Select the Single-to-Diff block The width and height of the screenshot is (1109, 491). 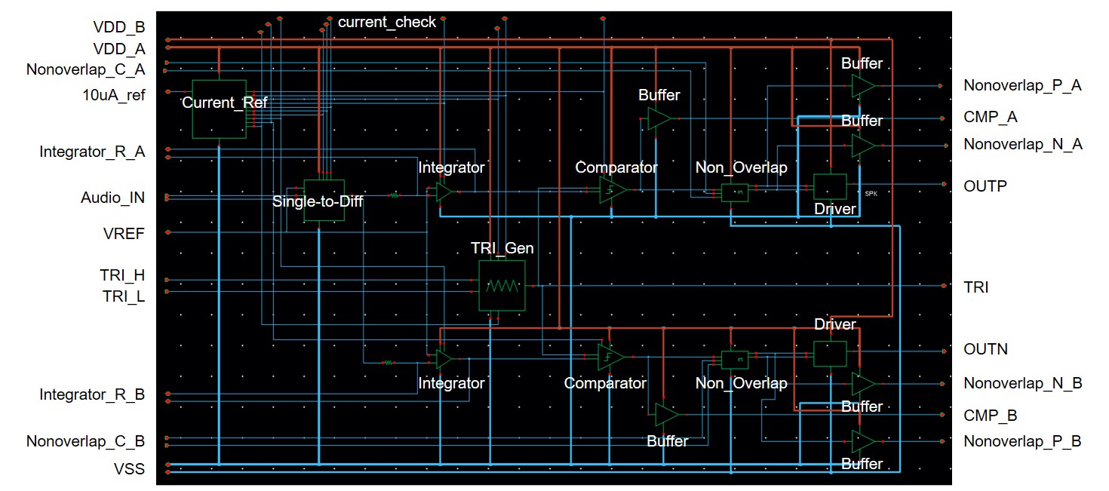pos(324,200)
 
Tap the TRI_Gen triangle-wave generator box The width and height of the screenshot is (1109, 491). pos(502,286)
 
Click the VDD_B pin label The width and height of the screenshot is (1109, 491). pos(119,27)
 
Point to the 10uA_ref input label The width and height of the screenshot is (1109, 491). pos(114,95)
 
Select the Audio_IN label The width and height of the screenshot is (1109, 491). pos(113,198)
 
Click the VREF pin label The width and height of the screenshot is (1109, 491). pos(124,233)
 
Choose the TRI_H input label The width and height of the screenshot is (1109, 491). pos(123,276)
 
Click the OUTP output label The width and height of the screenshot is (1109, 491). pos(985,186)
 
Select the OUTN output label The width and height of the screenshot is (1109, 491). pos(985,349)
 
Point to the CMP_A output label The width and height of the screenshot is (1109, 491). pos(991,117)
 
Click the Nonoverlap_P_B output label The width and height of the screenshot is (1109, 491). pos(1022,441)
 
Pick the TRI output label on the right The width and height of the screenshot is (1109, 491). pos(976,287)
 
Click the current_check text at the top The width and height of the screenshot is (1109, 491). pos(387,22)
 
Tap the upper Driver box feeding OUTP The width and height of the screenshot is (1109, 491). pos(830,186)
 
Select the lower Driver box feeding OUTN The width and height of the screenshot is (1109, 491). pos(830,352)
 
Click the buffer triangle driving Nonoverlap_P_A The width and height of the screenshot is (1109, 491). pos(863,86)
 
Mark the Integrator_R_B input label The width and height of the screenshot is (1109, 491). pos(92,394)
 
